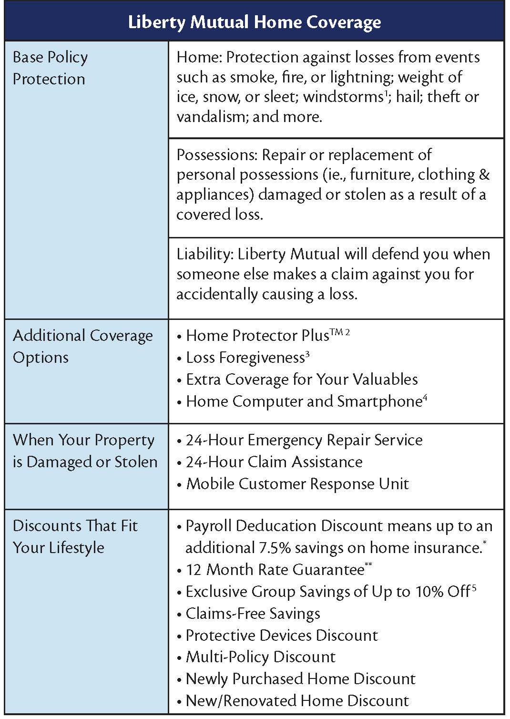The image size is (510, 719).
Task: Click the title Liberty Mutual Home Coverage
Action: click(x=255, y=22)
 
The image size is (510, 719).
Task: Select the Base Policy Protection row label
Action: click(x=50, y=68)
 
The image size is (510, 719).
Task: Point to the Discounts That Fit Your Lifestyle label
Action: click(x=75, y=536)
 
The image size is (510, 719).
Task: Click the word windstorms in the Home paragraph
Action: click(x=343, y=97)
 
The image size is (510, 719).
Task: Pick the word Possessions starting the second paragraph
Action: click(x=217, y=155)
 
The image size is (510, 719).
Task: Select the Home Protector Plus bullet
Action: click(x=257, y=336)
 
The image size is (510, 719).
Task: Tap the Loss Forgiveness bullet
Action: click(x=245, y=358)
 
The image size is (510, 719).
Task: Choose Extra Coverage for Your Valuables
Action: click(x=302, y=380)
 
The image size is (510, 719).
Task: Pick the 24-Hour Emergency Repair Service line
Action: click(x=304, y=440)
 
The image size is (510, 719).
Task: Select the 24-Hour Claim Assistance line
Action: click(x=274, y=462)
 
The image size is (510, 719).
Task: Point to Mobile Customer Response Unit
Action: click(x=297, y=484)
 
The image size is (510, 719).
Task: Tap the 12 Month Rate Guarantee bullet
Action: click(x=275, y=570)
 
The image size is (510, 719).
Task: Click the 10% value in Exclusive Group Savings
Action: click(x=429, y=592)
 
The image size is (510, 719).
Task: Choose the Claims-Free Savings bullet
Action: click(x=253, y=614)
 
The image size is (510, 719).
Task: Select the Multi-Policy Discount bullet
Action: click(x=260, y=657)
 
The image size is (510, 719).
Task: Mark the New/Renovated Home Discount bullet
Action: click(x=297, y=701)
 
